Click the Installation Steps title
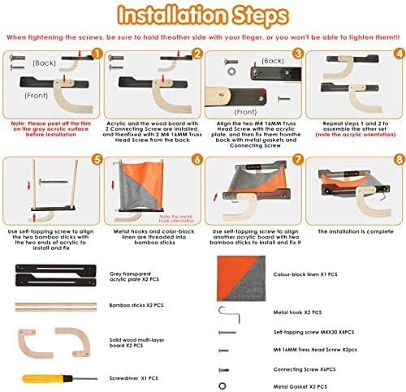tap(202, 15)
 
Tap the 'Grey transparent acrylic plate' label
tap(132, 273)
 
